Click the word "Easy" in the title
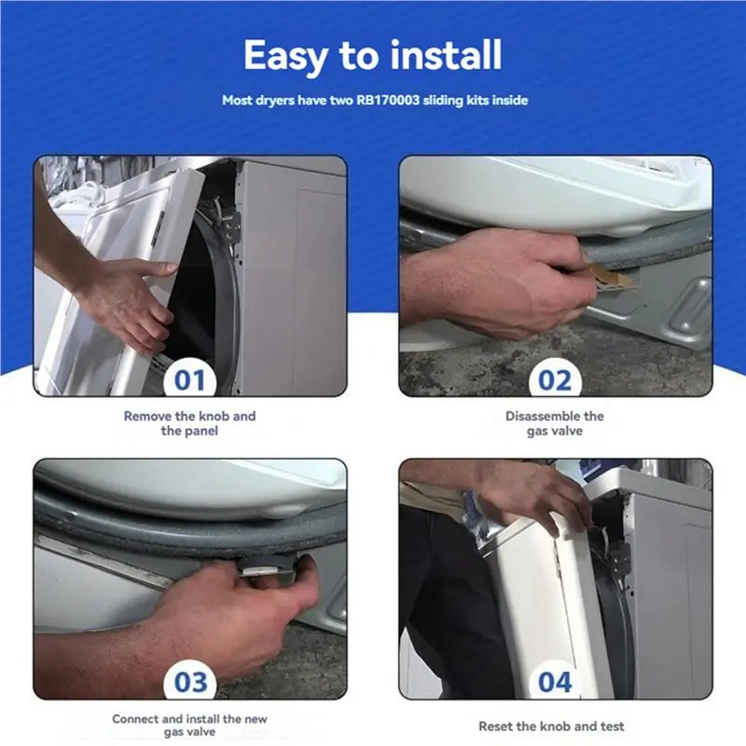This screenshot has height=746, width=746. (283, 56)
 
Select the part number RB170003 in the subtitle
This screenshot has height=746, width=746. (387, 101)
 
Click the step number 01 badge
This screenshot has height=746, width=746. (190, 380)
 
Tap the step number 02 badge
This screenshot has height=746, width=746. (555, 380)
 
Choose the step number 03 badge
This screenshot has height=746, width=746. (191, 682)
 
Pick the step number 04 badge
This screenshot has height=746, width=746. (555, 682)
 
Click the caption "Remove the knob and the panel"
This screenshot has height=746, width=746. (190, 423)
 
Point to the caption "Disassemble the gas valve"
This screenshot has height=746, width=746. (555, 423)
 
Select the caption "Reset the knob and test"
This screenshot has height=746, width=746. (551, 726)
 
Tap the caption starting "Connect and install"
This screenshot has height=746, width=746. (190, 725)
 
